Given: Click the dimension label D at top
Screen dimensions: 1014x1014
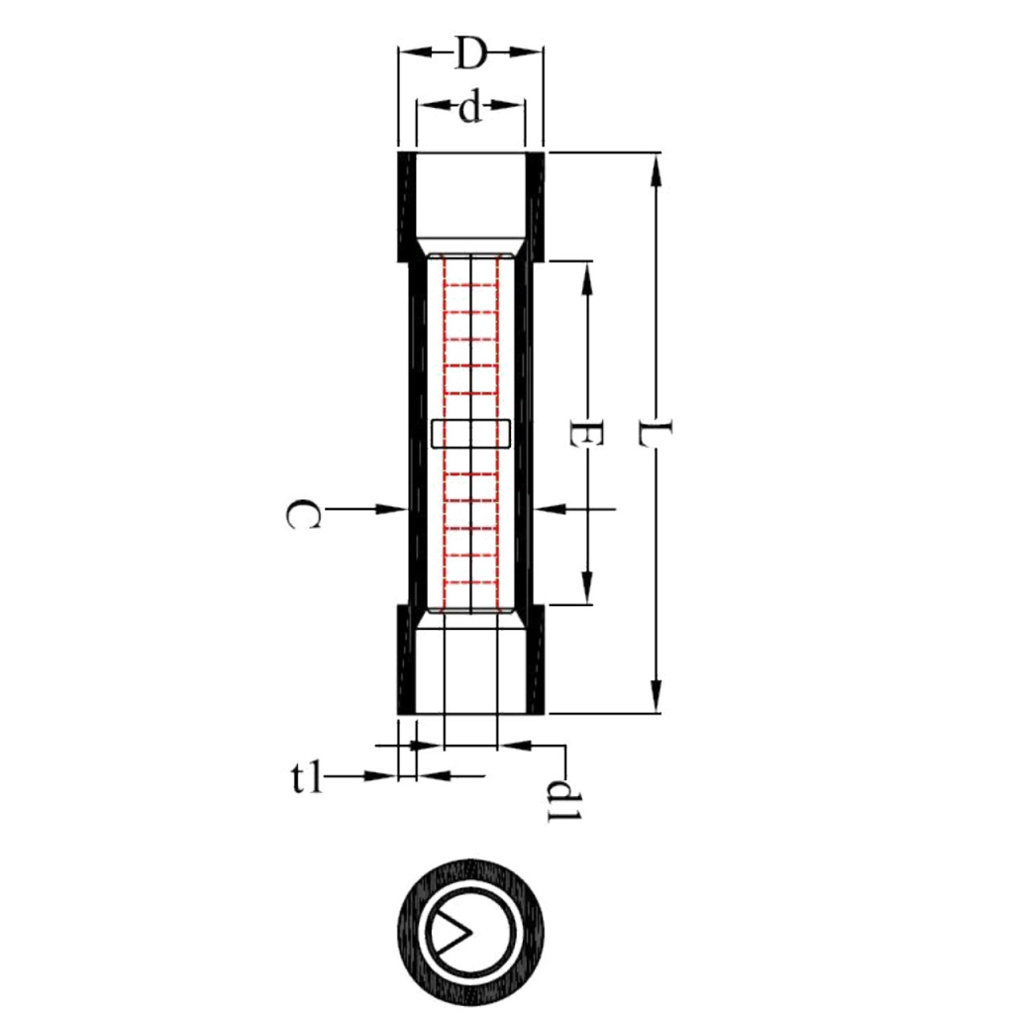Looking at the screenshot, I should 470,54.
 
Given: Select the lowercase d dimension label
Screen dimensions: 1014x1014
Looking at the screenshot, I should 469,108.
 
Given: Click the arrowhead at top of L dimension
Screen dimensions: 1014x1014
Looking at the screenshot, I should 655,167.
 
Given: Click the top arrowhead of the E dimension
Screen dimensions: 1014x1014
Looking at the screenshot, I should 586,277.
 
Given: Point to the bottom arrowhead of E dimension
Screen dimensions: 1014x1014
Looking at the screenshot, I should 586,587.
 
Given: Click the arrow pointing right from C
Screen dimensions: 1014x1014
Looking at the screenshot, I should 390,508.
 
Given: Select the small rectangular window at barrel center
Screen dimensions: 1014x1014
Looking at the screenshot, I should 471,434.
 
